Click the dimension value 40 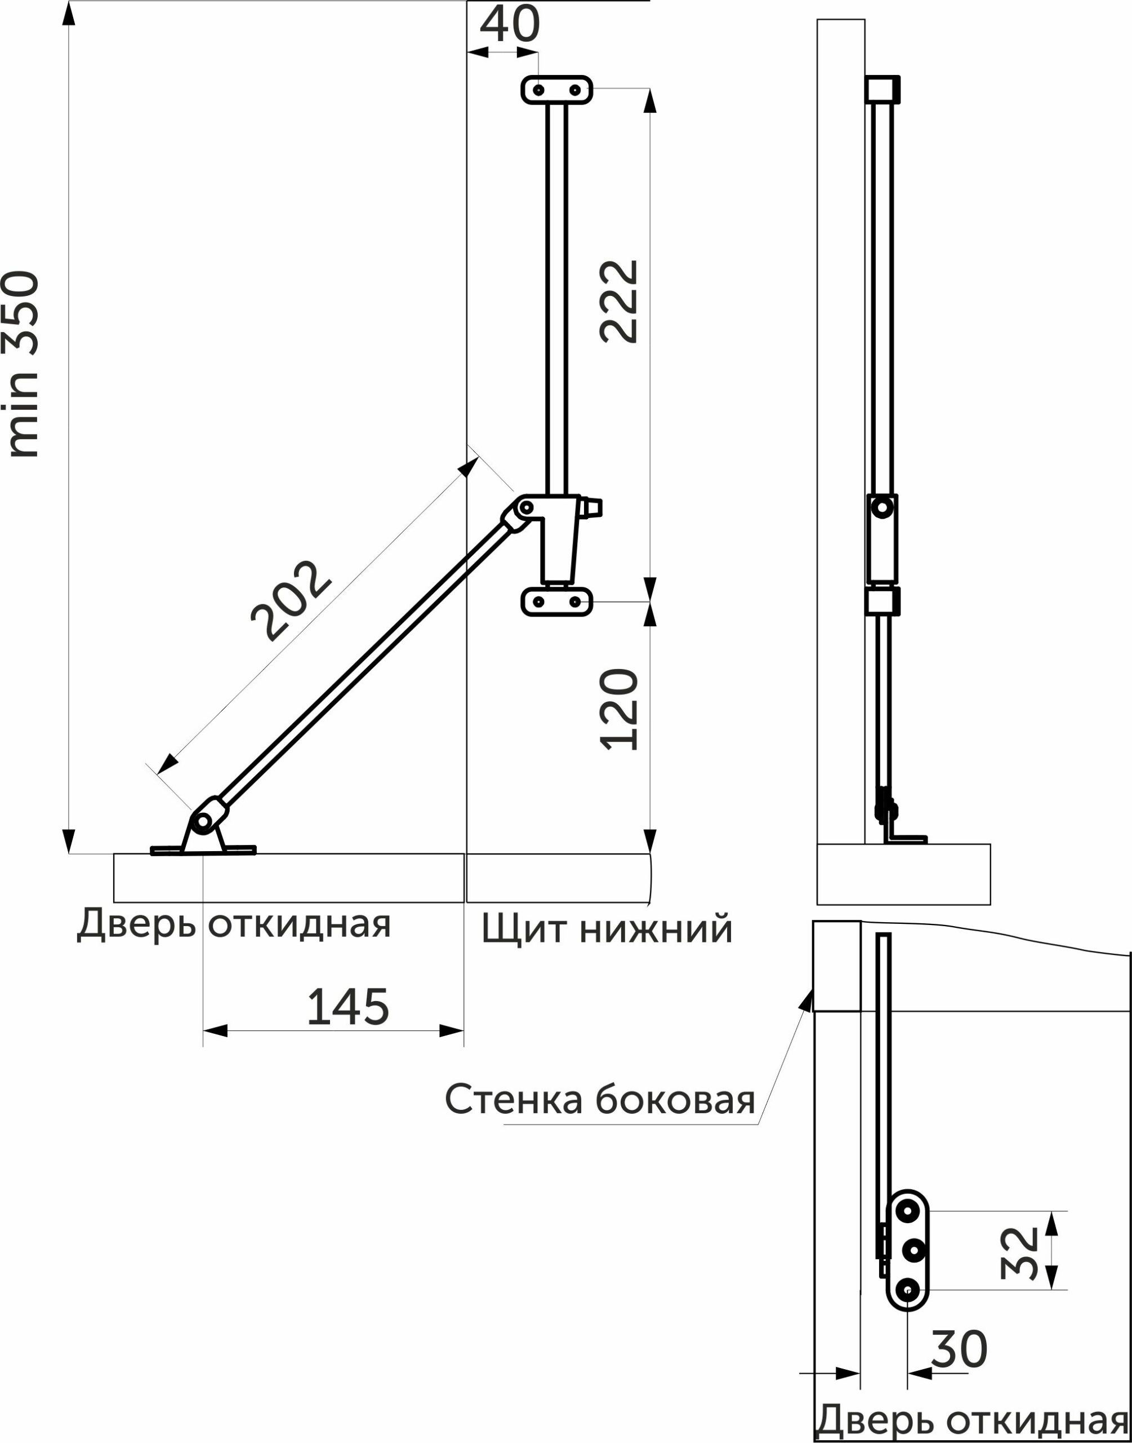[510, 25]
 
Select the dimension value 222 [619, 301]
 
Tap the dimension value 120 [619, 709]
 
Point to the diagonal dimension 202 [290, 601]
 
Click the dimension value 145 [348, 1007]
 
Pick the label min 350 [23, 364]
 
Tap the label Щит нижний [607, 929]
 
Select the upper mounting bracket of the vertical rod [557, 90]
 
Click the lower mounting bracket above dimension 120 [557, 601]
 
